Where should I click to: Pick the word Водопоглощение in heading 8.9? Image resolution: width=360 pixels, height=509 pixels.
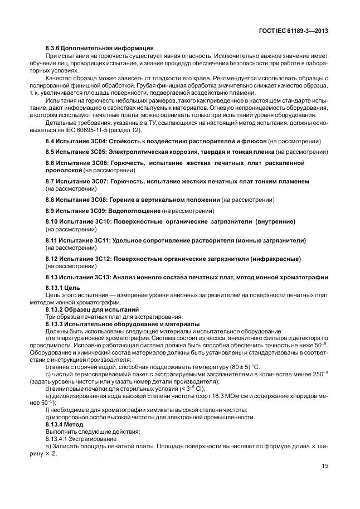[x=137, y=211]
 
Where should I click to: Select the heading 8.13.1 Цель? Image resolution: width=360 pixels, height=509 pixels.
[x=66, y=288]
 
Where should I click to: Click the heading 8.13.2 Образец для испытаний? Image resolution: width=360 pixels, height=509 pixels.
[x=92, y=309]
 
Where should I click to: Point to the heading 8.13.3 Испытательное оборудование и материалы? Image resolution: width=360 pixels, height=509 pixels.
[x=123, y=324]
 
